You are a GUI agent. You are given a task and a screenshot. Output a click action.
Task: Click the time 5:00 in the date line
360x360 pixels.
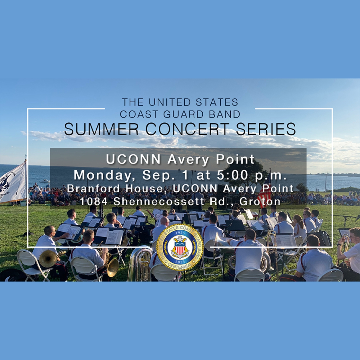click(240, 176)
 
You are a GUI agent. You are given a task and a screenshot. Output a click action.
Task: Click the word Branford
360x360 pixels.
click(93, 188)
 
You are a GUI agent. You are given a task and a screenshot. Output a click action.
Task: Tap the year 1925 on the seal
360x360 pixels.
click(179, 233)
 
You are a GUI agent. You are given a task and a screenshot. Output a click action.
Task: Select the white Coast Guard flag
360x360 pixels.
click(13, 183)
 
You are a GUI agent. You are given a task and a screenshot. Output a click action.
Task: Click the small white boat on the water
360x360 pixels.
click(45, 181)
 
